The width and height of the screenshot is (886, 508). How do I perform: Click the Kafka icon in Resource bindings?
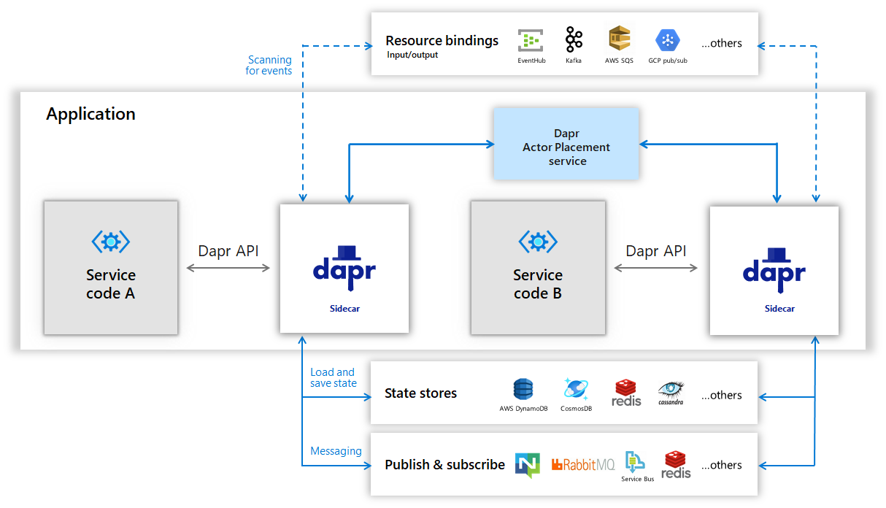[574, 39]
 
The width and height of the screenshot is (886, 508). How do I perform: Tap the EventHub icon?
[531, 40]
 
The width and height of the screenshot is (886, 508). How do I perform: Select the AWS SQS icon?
[619, 39]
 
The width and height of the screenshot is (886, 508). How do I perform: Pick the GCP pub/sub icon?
[667, 40]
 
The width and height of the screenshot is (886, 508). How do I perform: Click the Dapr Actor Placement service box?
[566, 144]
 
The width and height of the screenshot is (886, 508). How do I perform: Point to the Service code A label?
[111, 284]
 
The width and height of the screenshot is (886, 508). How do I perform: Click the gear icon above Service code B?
[538, 241]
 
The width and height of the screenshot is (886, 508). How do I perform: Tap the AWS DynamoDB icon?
[523, 390]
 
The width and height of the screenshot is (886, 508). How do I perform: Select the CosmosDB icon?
[576, 389]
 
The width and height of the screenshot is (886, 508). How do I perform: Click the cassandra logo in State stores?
[671, 391]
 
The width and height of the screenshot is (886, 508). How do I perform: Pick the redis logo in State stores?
[627, 392]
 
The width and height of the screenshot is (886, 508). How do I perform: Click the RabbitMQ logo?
[583, 464]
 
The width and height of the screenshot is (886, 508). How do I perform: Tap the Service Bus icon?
[635, 462]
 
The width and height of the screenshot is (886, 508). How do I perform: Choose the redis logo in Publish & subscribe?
[676, 464]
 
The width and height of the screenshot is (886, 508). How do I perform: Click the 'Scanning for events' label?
[269, 65]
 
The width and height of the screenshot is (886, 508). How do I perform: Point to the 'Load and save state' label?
[333, 377]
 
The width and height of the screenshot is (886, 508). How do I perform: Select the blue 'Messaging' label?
[336, 451]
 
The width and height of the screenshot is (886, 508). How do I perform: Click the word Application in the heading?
[90, 114]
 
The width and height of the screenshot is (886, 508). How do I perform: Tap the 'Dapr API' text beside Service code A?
[228, 251]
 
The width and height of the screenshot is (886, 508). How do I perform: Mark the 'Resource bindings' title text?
[442, 41]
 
